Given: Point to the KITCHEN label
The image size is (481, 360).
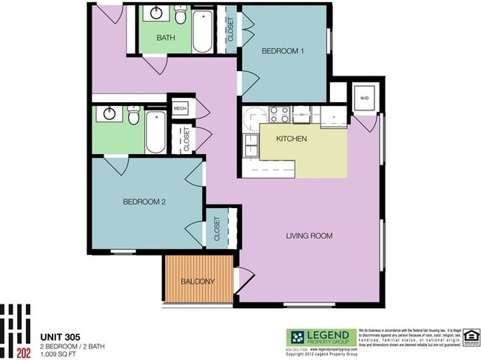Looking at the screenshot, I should pyautogui.click(x=291, y=139).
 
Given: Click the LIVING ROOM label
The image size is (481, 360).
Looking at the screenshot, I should pyautogui.click(x=309, y=236).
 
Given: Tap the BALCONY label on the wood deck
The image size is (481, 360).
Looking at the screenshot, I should pyautogui.click(x=197, y=281).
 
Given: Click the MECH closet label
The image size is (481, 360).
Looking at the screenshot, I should pyautogui.click(x=180, y=108).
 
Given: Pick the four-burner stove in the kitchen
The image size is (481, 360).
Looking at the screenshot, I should pyautogui.click(x=279, y=114).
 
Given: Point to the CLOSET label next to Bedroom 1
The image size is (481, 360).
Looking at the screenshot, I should pyautogui.click(x=231, y=30).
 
